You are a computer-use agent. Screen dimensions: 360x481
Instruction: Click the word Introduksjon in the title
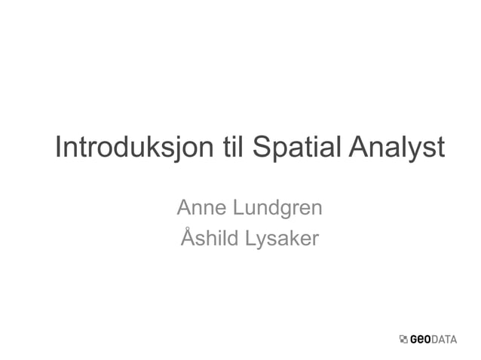pyautogui.click(x=133, y=148)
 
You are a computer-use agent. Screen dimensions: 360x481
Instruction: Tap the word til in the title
pyautogui.click(x=234, y=148)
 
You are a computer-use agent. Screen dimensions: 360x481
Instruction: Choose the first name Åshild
pyautogui.click(x=209, y=239)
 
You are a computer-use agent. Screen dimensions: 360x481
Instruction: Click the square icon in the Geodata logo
pyautogui.click(x=403, y=340)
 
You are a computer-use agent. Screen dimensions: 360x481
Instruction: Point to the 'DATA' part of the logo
pyautogui.click(x=448, y=340)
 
